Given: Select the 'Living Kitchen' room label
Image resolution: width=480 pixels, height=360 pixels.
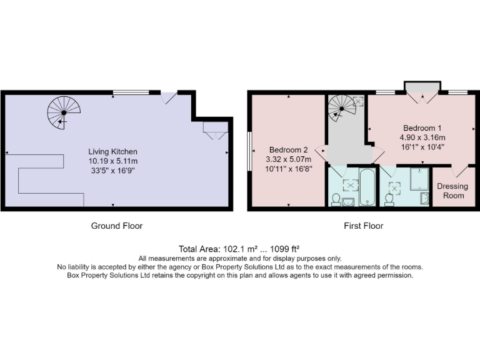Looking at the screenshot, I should [x=112, y=152].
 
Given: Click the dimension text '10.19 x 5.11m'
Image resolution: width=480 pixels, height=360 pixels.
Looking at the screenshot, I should [x=112, y=161].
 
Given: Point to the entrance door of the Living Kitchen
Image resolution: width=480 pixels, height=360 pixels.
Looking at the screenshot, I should [x=168, y=98].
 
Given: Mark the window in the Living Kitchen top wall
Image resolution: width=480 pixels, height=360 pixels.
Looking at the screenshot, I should [x=131, y=92].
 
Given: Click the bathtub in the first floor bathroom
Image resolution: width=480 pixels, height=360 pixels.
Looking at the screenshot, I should [x=367, y=187].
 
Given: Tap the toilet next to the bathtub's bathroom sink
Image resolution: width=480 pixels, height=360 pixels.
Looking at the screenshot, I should [x=336, y=199].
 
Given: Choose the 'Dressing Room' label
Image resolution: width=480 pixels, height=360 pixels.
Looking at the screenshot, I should [x=453, y=191].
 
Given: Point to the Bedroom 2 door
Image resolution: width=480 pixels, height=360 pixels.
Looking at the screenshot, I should [x=320, y=150].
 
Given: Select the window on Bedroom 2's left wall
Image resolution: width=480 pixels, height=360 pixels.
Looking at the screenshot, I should [x=249, y=150].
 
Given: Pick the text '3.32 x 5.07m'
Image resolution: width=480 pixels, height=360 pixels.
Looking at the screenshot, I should [x=288, y=159].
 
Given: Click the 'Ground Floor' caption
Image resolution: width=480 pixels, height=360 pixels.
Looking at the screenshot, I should [x=117, y=226].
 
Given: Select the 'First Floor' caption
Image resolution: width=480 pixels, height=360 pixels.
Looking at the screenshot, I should [x=363, y=226].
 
